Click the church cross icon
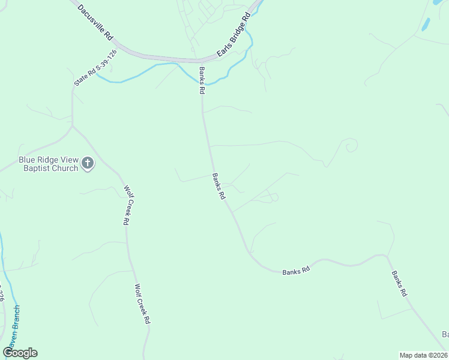(x=88, y=164)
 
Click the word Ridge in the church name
(x=47, y=160)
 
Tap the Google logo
(x=20, y=353)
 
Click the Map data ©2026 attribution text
(x=423, y=355)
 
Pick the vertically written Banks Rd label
(x=202, y=82)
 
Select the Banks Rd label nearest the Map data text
(x=400, y=284)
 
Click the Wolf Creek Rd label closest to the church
(x=127, y=205)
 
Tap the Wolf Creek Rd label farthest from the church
(x=142, y=304)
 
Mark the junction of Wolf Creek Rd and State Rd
(x=73, y=126)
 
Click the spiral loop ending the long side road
(x=349, y=145)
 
